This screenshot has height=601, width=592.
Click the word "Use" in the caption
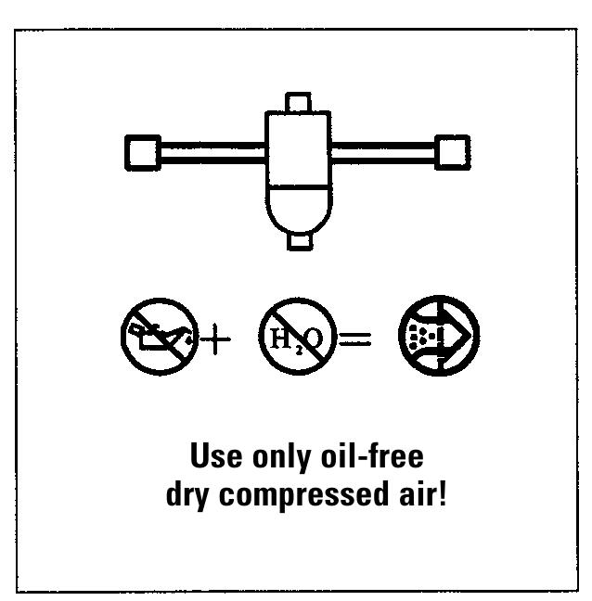(216, 455)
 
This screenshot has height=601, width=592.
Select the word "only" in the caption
(281, 457)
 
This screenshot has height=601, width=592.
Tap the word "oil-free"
(372, 455)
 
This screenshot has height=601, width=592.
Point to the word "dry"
(187, 497)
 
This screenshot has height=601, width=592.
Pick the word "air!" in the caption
(423, 493)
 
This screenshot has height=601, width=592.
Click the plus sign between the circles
(215, 339)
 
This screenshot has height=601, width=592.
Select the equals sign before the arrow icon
(355, 339)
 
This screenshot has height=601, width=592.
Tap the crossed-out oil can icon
(160, 337)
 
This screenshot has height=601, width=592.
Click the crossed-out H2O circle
(298, 337)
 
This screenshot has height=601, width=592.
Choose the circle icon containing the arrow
(439, 336)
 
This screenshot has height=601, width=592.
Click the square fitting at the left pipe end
(143, 152)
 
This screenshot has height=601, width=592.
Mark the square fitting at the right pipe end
(453, 152)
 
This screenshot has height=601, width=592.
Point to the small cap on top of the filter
(298, 102)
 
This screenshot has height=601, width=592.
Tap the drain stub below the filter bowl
(300, 241)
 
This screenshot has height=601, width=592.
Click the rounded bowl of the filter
(299, 209)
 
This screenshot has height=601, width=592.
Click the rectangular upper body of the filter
(298, 148)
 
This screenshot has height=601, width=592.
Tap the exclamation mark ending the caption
(443, 493)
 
